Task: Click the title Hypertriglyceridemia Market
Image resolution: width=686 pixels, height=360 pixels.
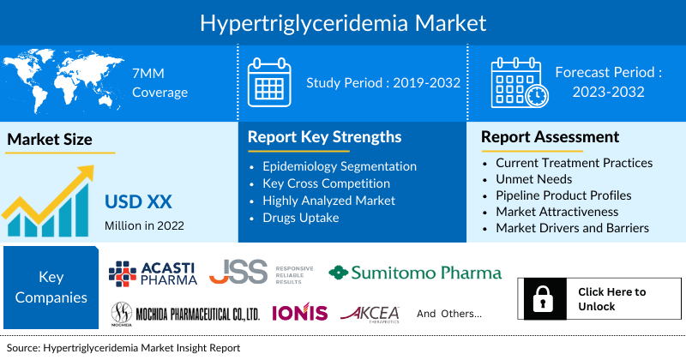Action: [343, 21]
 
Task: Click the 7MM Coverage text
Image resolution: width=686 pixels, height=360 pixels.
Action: [159, 83]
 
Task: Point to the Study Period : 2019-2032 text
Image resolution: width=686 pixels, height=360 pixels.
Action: [383, 83]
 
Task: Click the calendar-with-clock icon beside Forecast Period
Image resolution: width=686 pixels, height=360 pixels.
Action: [517, 82]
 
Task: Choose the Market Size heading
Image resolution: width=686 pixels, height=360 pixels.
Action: [49, 139]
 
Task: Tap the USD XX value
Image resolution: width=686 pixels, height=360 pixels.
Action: [138, 202]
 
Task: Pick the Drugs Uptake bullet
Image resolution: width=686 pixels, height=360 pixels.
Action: [301, 218]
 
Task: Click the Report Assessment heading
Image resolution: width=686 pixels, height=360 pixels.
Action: [550, 137]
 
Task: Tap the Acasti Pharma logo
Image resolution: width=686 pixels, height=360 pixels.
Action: [153, 273]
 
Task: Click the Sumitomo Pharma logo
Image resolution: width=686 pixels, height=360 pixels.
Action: [415, 273]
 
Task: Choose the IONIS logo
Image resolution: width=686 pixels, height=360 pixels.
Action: [299, 313]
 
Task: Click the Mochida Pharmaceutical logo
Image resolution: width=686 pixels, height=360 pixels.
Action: [184, 313]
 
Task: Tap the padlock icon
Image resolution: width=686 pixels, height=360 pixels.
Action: [541, 299]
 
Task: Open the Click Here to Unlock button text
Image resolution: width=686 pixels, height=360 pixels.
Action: [611, 299]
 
